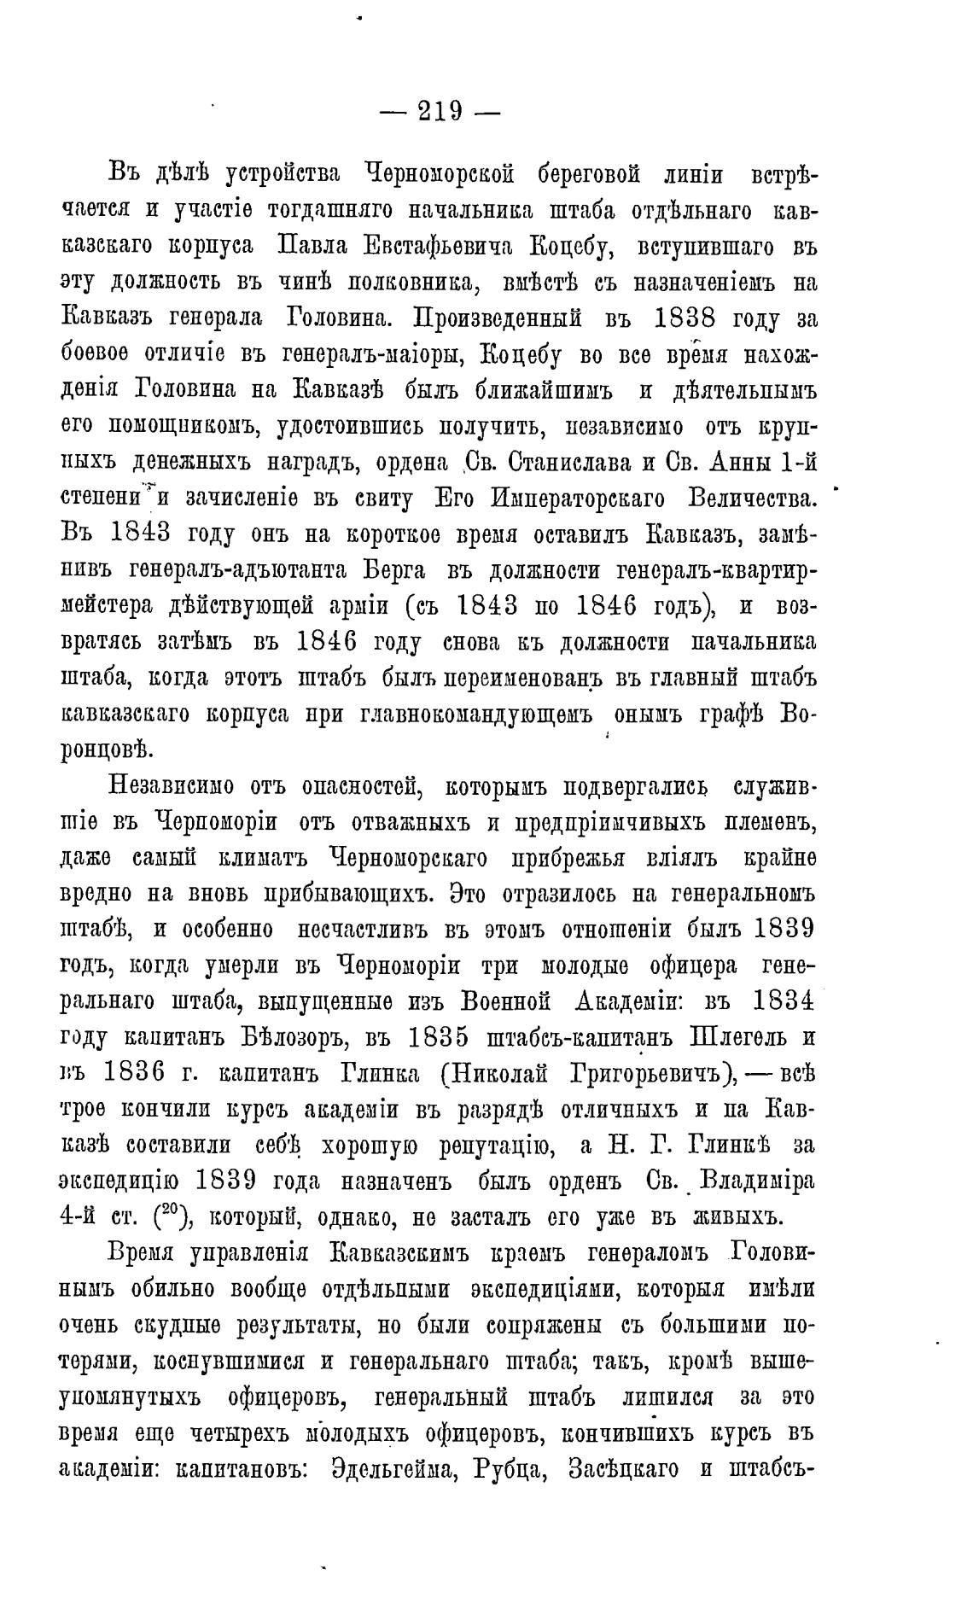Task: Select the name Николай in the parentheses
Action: click(x=499, y=1072)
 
